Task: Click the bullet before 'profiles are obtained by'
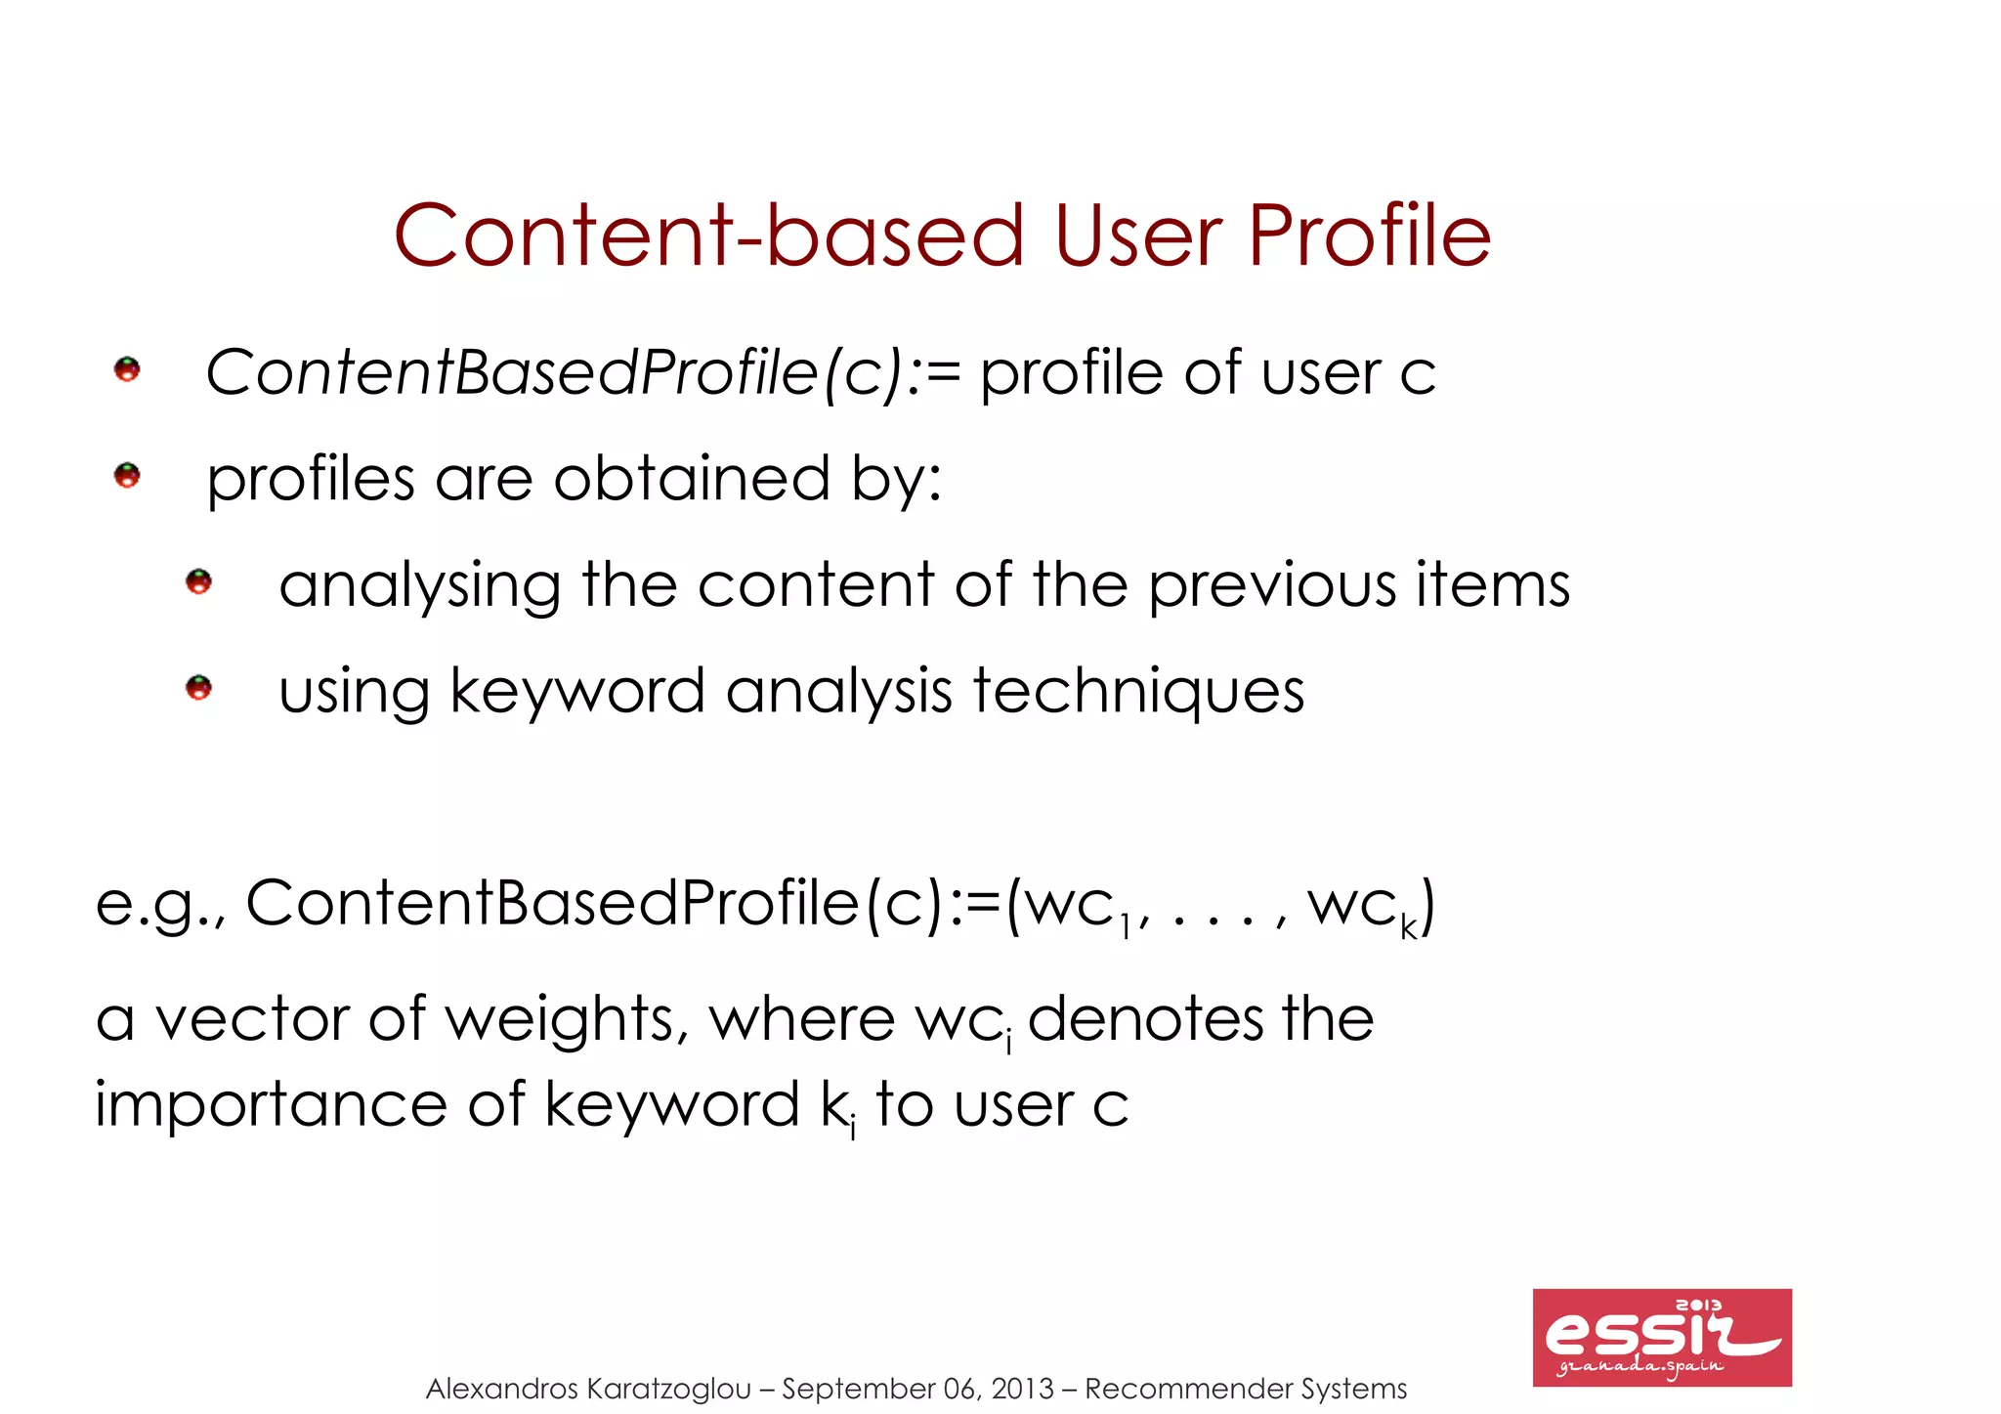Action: coord(127,476)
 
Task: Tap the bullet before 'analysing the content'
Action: coord(198,582)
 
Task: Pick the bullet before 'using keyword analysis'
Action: coord(198,688)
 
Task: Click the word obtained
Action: coord(692,479)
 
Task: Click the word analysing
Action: coord(419,586)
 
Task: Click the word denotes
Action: coord(1145,1019)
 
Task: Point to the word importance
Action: coord(271,1105)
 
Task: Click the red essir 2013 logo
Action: coord(1661,1337)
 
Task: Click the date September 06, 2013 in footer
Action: coord(917,1389)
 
